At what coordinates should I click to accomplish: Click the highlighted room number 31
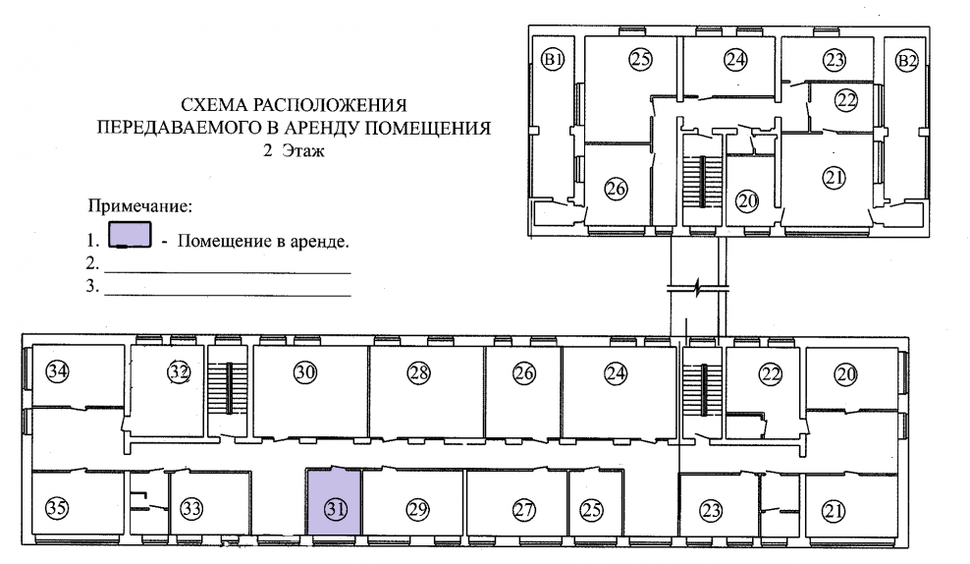pyautogui.click(x=336, y=509)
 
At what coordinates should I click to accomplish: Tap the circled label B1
pyautogui.click(x=553, y=62)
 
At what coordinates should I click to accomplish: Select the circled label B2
pyautogui.click(x=908, y=62)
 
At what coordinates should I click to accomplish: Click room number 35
pyautogui.click(x=58, y=508)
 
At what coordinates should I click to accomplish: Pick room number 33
pyautogui.click(x=191, y=509)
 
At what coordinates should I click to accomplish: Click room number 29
pyautogui.click(x=418, y=509)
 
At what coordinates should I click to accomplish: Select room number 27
pyautogui.click(x=523, y=509)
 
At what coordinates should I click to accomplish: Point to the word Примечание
pyautogui.click(x=139, y=207)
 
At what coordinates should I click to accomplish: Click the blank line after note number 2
pyautogui.click(x=227, y=270)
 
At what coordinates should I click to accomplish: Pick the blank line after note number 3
pyautogui.click(x=227, y=294)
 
